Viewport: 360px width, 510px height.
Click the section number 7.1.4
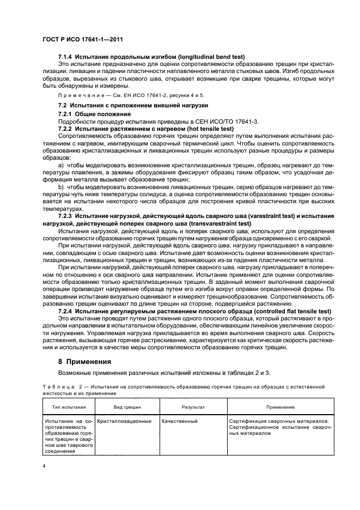coord(67,57)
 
